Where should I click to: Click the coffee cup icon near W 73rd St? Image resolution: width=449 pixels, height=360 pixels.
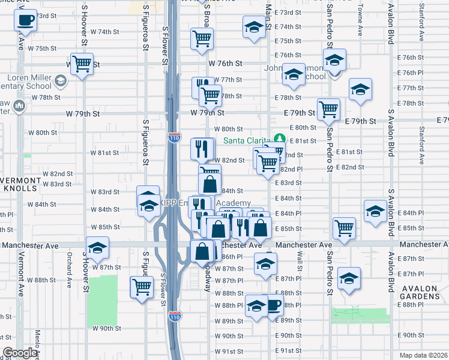click(x=25, y=20)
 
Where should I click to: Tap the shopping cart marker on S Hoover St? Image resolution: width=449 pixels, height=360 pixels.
click(x=81, y=63)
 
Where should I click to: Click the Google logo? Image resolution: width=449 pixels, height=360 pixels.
click(x=20, y=353)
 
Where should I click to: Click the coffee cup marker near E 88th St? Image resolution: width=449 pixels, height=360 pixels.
click(x=274, y=304)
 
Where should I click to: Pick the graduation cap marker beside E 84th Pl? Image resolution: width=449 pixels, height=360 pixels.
click(x=375, y=211)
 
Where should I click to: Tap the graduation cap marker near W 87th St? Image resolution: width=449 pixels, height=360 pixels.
click(x=97, y=247)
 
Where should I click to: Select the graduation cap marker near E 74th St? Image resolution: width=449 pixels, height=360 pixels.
click(x=254, y=26)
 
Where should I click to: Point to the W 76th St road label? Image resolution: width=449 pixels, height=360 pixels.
click(x=225, y=63)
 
